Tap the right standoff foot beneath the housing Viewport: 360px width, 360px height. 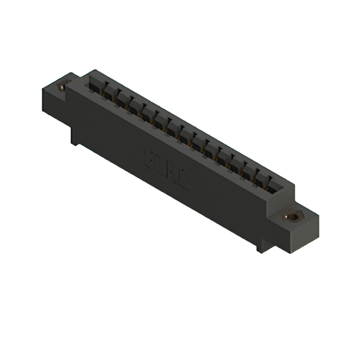click(262, 246)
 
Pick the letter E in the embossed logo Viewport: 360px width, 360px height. click(151, 159)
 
